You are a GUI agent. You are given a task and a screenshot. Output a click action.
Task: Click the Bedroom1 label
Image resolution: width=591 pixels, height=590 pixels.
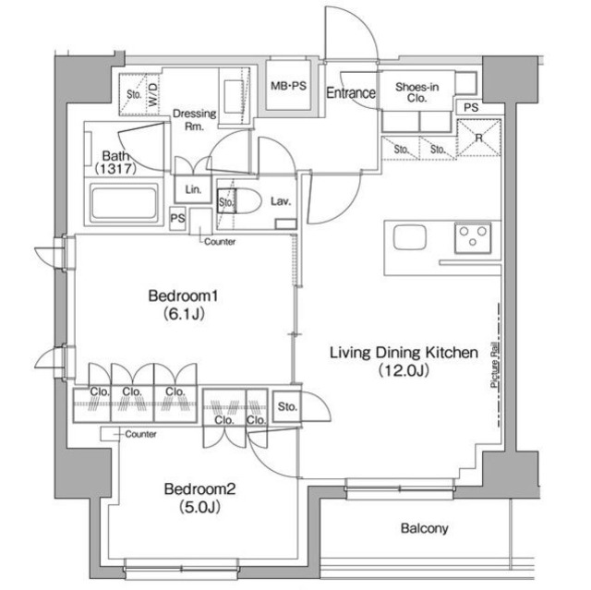pos(183,295)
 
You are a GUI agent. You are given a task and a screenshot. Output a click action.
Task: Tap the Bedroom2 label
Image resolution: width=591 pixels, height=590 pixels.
pos(199,489)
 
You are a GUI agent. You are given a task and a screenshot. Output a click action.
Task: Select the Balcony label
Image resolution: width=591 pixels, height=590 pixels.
pos(425,528)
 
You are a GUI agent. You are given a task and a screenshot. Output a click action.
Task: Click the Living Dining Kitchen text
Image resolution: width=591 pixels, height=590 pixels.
pos(404,353)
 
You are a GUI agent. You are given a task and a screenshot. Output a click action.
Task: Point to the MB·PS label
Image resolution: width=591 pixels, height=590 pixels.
pos(288,86)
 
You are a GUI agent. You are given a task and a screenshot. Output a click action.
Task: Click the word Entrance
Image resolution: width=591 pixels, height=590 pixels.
pos(351,92)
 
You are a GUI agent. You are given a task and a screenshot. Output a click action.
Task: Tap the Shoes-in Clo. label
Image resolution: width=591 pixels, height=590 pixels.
pos(416,92)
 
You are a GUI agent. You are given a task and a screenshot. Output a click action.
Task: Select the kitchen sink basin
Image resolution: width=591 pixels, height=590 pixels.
pos(410,237)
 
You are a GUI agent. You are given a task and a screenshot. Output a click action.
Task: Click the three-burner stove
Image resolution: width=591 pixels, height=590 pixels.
pos(473,237)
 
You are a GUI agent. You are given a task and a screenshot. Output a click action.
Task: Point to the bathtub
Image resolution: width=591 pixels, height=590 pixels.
pos(124,203)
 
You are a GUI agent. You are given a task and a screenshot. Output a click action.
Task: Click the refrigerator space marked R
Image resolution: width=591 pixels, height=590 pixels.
pos(478,138)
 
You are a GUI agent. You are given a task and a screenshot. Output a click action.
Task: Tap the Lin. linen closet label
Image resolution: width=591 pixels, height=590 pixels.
pos(193,189)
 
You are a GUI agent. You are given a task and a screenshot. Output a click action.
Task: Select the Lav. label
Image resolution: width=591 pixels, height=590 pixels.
pos(281,201)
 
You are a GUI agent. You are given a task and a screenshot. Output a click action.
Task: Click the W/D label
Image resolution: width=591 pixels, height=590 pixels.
pos(153,94)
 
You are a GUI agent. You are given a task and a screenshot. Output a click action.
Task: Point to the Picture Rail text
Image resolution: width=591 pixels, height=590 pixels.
pos(495,365)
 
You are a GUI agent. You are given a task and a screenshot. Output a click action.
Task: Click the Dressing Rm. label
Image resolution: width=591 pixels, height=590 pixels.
pos(195,119)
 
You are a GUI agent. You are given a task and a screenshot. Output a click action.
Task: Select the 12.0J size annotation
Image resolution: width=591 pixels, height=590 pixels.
pos(404,371)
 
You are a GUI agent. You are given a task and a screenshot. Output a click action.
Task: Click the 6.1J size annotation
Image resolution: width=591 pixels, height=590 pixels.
pos(184,313)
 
